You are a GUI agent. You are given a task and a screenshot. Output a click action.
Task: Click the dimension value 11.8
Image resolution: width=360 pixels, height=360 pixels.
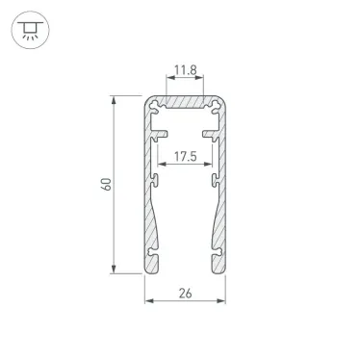187,70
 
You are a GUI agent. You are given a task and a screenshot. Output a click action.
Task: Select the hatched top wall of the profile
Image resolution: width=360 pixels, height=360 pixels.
187,102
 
